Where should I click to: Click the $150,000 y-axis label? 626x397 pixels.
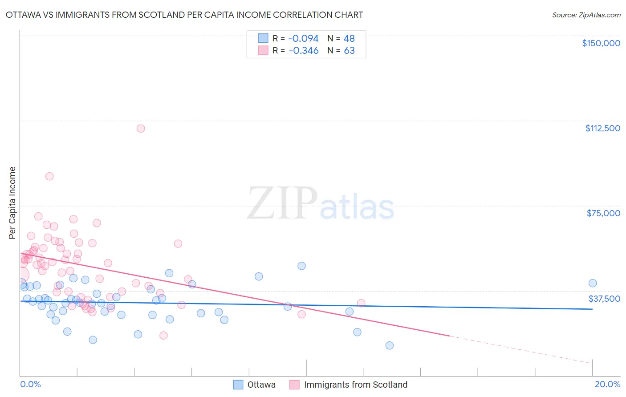pyautogui.click(x=601, y=43)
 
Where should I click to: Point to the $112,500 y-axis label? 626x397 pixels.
pyautogui.click(x=602, y=128)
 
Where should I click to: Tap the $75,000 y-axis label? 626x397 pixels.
pyautogui.click(x=603, y=213)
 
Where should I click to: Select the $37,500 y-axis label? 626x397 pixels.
pyautogui.click(x=604, y=299)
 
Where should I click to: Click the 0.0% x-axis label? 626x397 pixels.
pyautogui.click(x=30, y=384)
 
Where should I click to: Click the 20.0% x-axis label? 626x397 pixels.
pyautogui.click(x=607, y=384)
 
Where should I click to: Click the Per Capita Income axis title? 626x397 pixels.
pyautogui.click(x=12, y=203)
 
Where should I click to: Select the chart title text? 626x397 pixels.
pyautogui.click(x=184, y=15)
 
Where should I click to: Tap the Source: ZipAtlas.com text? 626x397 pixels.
pyautogui.click(x=586, y=15)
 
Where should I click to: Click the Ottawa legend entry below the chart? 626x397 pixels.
pyautogui.click(x=261, y=385)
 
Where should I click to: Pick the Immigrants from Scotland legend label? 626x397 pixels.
pyautogui.click(x=355, y=385)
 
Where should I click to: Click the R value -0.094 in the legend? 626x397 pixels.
pyautogui.click(x=303, y=39)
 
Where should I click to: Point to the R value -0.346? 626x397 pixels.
pyautogui.click(x=303, y=51)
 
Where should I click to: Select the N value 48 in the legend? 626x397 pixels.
pyautogui.click(x=349, y=39)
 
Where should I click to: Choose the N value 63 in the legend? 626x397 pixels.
pyautogui.click(x=349, y=51)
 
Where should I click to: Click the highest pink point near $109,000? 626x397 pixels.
pyautogui.click(x=141, y=129)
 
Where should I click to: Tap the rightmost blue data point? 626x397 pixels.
pyautogui.click(x=593, y=284)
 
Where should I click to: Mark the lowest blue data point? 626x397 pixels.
pyautogui.click(x=390, y=345)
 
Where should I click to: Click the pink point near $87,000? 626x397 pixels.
pyautogui.click(x=49, y=176)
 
